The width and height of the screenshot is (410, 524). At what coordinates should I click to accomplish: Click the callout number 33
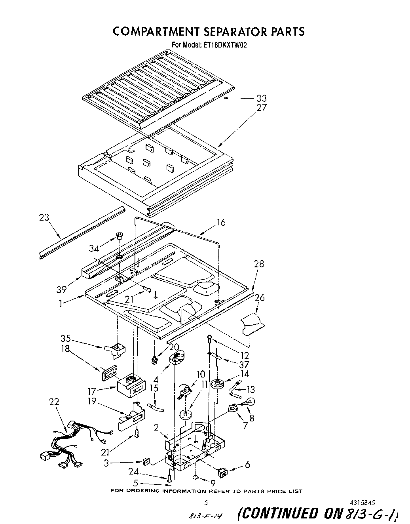tap(262, 98)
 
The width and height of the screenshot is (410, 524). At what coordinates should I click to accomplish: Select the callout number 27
tap(262, 108)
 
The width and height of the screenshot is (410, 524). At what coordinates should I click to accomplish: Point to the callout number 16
tap(221, 222)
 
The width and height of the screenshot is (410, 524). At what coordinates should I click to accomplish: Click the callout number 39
tap(61, 290)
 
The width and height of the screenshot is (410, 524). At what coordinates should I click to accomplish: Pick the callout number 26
tap(260, 297)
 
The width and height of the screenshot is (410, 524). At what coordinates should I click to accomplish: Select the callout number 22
tap(54, 402)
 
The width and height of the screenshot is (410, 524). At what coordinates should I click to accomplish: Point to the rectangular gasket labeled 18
tap(110, 373)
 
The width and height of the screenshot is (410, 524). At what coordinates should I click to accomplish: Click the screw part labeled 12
tap(210, 338)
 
